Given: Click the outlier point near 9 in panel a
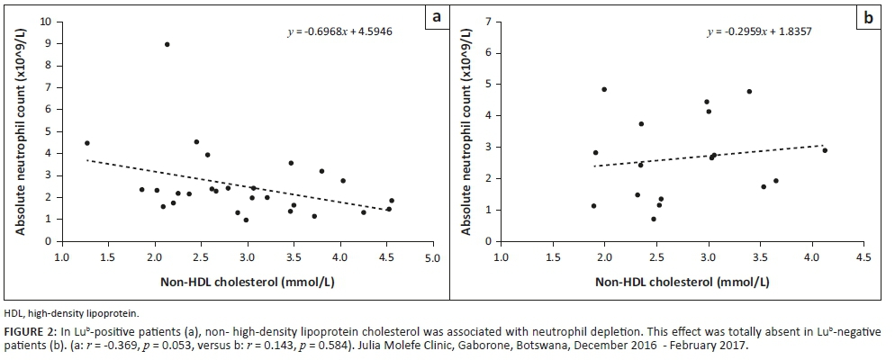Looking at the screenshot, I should (x=167, y=44).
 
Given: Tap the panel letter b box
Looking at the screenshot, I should (x=869, y=17).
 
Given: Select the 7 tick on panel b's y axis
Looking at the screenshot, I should (x=489, y=21).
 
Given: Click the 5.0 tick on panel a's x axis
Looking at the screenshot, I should (x=432, y=258).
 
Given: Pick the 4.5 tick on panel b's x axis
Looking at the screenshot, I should (x=863, y=258).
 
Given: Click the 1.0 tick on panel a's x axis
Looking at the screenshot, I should (x=62, y=258).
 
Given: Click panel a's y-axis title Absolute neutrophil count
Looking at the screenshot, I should (x=20, y=129).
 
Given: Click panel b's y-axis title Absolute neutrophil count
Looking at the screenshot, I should (x=467, y=130).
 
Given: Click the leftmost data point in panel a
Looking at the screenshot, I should (x=86, y=143).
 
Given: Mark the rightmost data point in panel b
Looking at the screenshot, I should (x=825, y=150).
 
